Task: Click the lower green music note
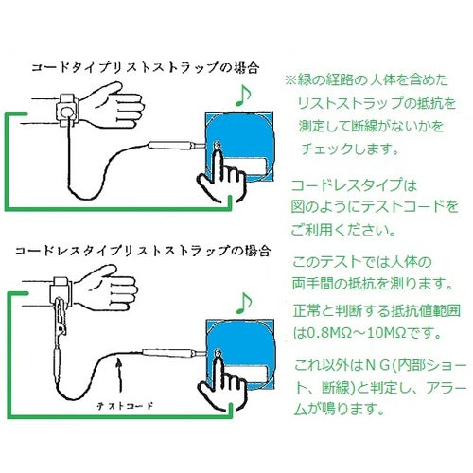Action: [243, 301]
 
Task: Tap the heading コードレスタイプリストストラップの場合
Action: [143, 254]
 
